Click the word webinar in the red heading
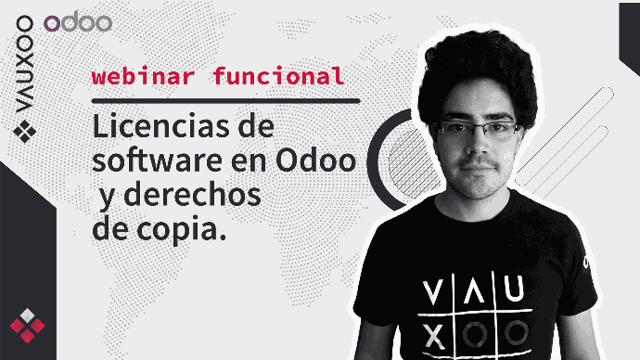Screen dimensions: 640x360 click(x=143, y=76)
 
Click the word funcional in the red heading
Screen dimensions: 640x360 click(x=279, y=76)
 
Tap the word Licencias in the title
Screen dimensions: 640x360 click(x=161, y=127)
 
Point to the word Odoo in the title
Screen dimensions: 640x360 click(x=316, y=161)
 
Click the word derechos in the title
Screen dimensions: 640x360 click(x=192, y=196)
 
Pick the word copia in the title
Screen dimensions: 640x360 click(x=181, y=231)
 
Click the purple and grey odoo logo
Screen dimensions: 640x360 click(x=78, y=23)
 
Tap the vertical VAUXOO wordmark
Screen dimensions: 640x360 click(x=24, y=64)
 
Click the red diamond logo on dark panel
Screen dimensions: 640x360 click(x=27, y=326)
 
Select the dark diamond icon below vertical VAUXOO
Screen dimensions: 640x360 click(x=24, y=132)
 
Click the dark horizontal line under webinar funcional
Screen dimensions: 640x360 click(x=225, y=101)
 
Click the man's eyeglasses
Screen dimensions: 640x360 click(x=477, y=129)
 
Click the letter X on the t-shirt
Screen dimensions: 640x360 click(x=433, y=337)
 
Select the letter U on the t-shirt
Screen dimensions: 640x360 click(x=514, y=289)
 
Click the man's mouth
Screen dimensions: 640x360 click(x=477, y=168)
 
